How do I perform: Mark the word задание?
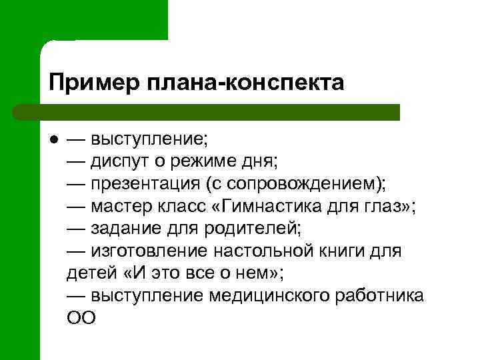pyautogui.click(x=127, y=228)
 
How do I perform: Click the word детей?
pyautogui.click(x=90, y=273)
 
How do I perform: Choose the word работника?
pyautogui.click(x=384, y=295)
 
